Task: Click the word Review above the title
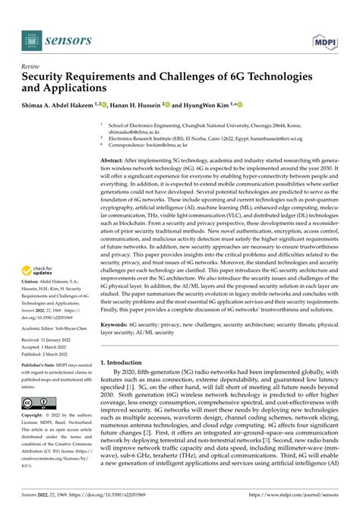(32, 66)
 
